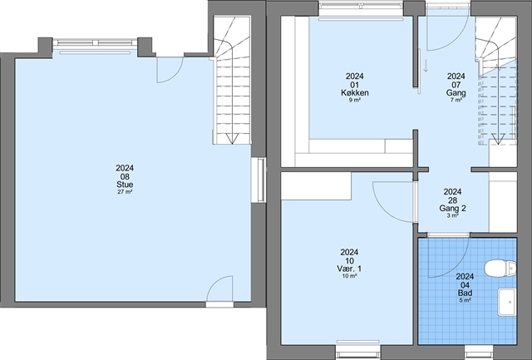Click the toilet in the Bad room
click(x=500, y=269)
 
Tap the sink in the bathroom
click(x=507, y=302)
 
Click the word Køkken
click(x=355, y=92)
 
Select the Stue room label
click(x=125, y=185)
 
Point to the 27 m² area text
click(x=125, y=192)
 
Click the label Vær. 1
click(x=349, y=269)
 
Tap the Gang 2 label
click(x=452, y=209)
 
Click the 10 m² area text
click(x=349, y=276)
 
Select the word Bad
click(x=465, y=293)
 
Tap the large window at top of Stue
click(x=96, y=42)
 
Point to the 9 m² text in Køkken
click(x=355, y=100)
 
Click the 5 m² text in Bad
click(x=465, y=300)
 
